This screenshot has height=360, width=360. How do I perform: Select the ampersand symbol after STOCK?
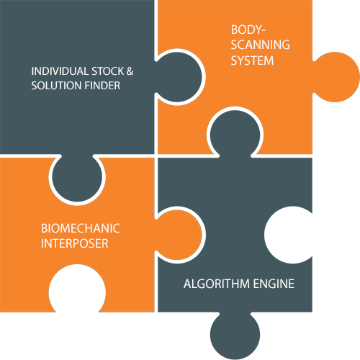[x=130, y=71]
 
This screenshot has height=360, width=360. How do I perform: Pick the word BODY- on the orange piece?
[x=248, y=30]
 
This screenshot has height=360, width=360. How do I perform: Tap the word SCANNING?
[x=261, y=45]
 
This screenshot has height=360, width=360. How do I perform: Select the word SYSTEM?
[x=252, y=60]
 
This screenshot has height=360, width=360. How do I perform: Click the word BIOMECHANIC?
[x=81, y=228]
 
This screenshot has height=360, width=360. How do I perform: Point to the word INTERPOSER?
[x=75, y=243]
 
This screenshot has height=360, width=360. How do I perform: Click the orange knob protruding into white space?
[x=336, y=77]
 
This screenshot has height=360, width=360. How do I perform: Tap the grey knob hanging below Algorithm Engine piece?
[x=235, y=335]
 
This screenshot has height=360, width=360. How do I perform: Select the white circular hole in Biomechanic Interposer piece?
[x=77, y=289]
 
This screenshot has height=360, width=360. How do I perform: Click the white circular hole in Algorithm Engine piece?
[x=289, y=235]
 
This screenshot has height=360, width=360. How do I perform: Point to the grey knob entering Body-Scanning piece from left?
[x=178, y=77]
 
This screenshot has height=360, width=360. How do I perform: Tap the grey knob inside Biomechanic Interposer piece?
[x=77, y=177]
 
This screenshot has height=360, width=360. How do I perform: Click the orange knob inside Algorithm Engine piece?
[x=178, y=235]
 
